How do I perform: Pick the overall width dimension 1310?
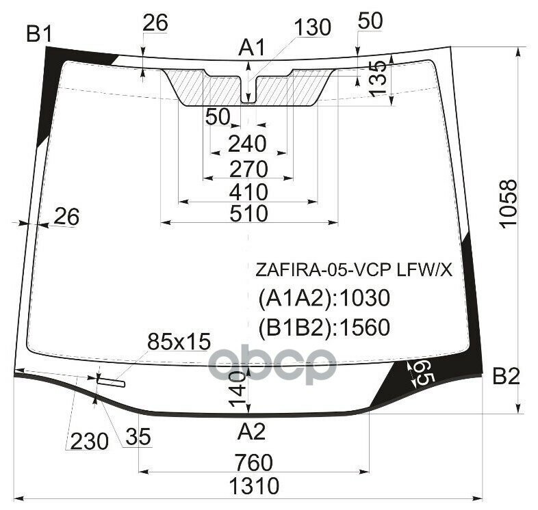point(254,486)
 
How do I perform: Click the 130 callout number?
point(313,28)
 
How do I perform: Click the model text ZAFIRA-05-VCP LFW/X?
point(354,271)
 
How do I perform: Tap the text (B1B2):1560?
point(324,328)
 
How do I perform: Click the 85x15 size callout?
point(179,340)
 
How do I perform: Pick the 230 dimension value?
point(88,442)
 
